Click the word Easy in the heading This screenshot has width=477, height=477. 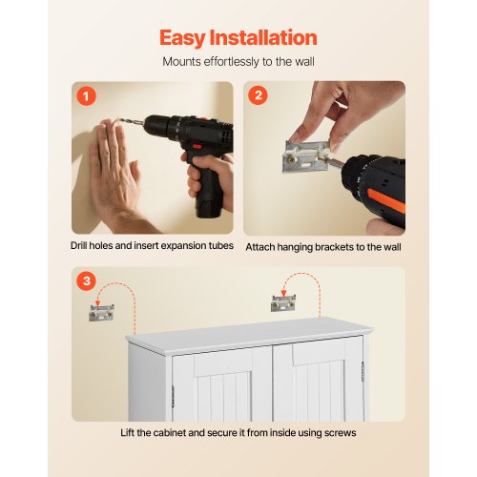point(182,38)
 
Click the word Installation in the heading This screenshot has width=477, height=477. point(263,37)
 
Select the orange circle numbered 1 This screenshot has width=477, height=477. point(86,96)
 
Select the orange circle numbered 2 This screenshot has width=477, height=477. point(258,95)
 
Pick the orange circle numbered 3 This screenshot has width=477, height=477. point(86,281)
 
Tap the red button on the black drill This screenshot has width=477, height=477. point(197,147)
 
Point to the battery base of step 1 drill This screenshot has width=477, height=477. point(209,206)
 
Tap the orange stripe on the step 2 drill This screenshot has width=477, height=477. point(386,200)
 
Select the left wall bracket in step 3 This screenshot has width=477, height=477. point(101,313)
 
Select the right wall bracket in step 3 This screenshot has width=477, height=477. point(283,302)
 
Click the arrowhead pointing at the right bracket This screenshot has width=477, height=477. point(283,294)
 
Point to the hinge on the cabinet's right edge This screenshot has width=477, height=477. point(363,372)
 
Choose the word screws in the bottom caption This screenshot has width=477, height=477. point(340,433)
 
